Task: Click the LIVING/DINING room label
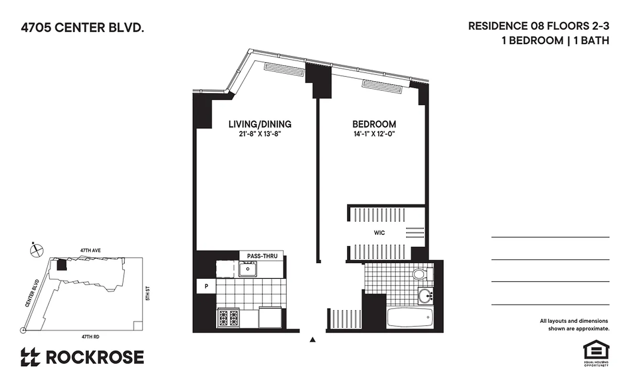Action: [x=260, y=124]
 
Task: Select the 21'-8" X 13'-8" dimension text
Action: [x=260, y=134]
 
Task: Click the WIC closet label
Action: [x=379, y=233]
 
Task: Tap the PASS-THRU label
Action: [x=262, y=256]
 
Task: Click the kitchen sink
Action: [x=248, y=270]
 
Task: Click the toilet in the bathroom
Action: [x=419, y=274]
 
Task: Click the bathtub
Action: [x=410, y=318]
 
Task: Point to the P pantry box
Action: [x=206, y=286]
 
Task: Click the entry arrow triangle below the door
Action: [x=313, y=340]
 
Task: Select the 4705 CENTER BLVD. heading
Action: [x=82, y=28]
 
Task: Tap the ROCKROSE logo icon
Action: [x=31, y=357]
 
